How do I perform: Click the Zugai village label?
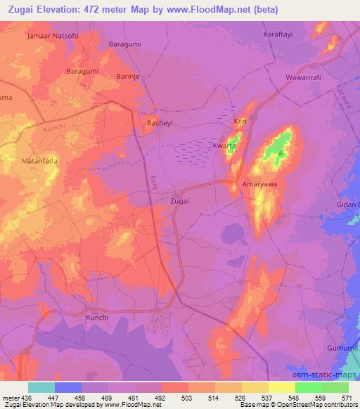(x=180, y=200)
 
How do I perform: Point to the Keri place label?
(x=240, y=122)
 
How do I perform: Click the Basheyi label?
(x=159, y=123)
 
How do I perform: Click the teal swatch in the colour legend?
(x=41, y=387)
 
